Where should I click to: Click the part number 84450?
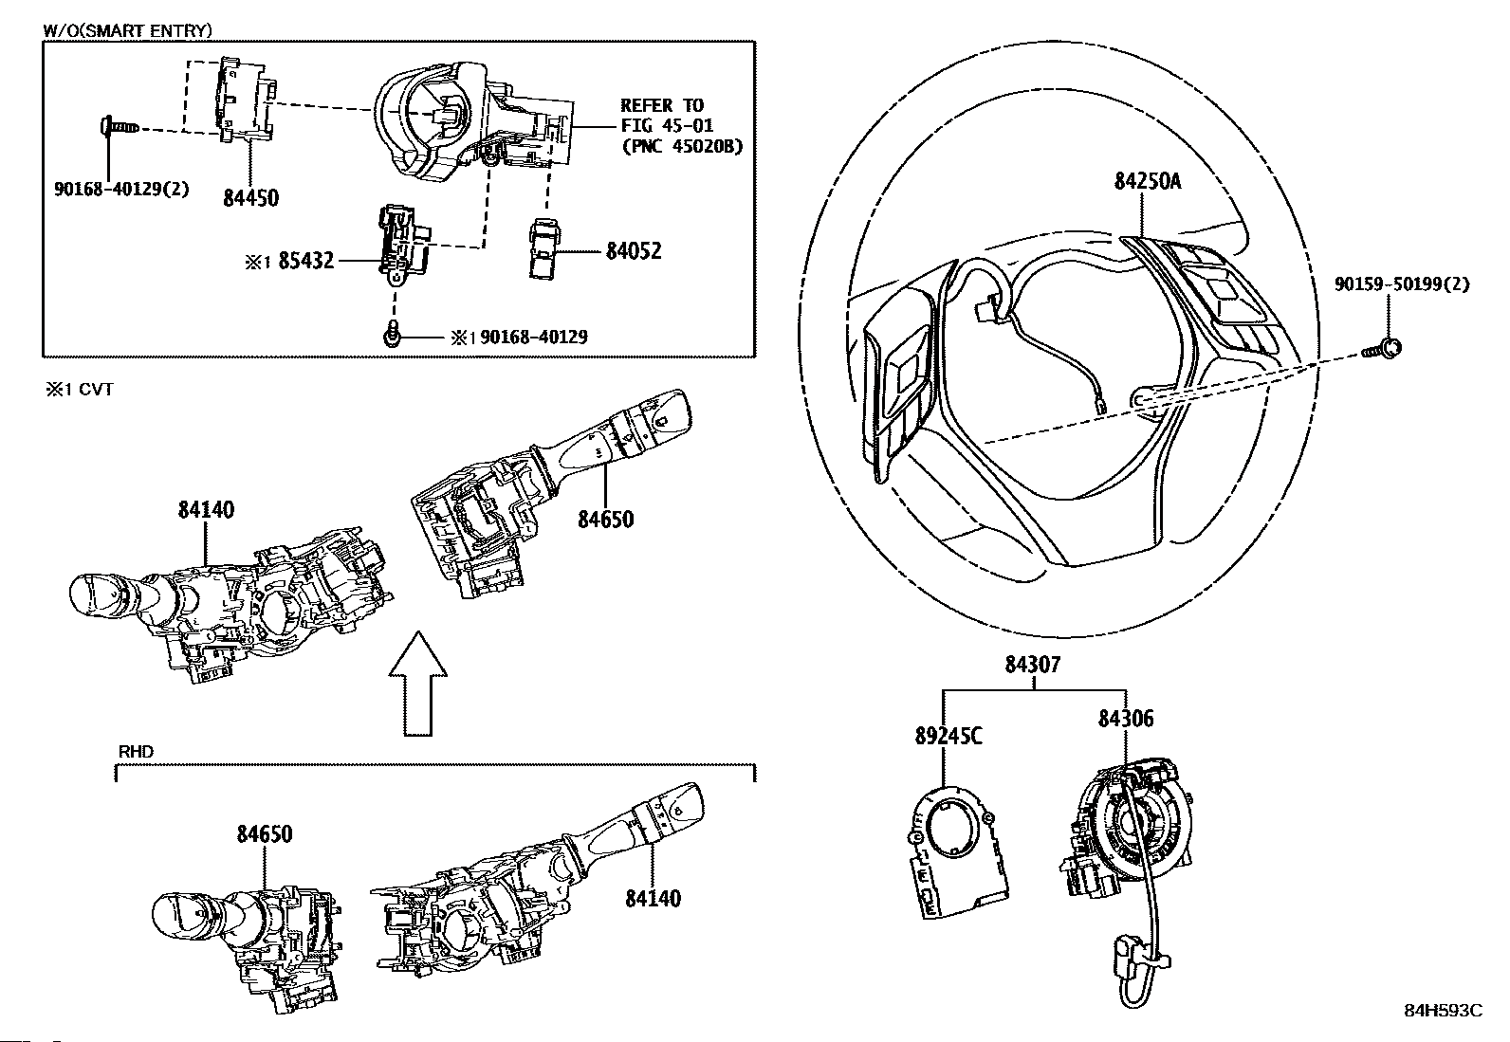tap(250, 198)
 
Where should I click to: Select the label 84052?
tap(634, 251)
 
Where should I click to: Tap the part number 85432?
tap(306, 260)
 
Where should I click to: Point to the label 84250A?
tap(1148, 181)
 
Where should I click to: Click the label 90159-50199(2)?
tap(1402, 284)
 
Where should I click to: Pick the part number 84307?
tap(1033, 665)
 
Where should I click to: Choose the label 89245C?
tap(948, 736)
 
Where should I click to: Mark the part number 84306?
tap(1125, 719)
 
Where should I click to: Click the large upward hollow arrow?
tap(418, 684)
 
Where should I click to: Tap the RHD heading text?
tap(137, 752)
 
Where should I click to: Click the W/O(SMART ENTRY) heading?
tap(127, 30)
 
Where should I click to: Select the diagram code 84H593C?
tap(1444, 1029)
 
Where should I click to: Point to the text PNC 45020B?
tap(683, 146)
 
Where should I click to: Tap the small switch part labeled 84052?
tap(545, 247)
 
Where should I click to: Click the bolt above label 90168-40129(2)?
tap(119, 126)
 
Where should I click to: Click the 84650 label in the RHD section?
tap(265, 834)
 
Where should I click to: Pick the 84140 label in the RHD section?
tap(653, 898)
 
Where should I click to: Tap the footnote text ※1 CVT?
tap(80, 390)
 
